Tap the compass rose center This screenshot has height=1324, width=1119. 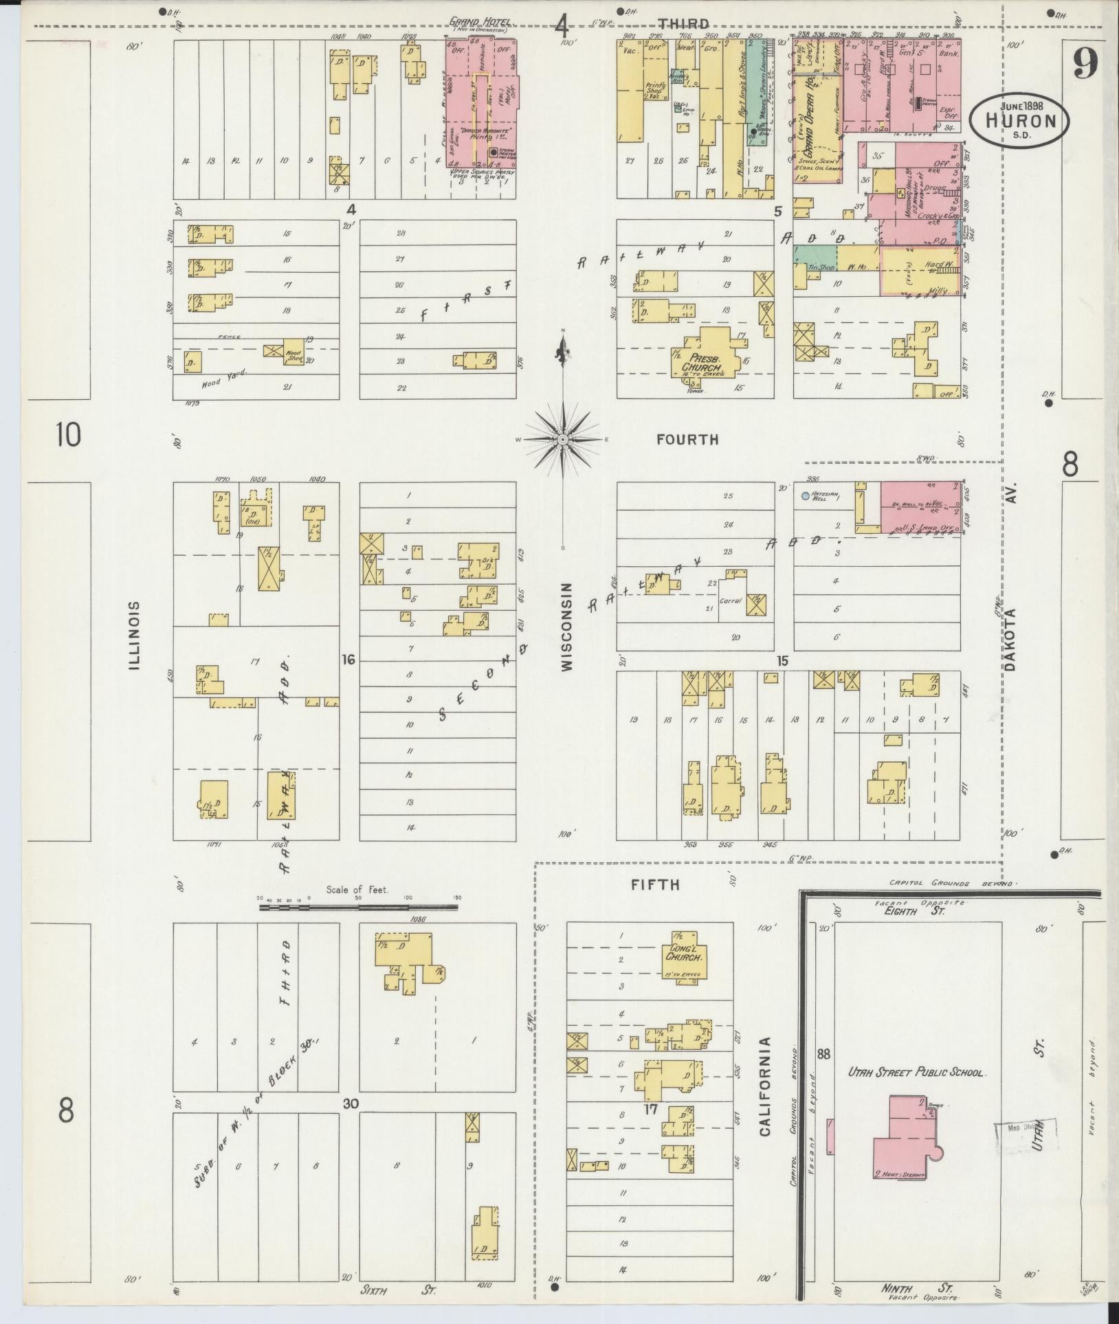coord(563,438)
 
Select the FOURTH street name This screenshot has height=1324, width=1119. coord(687,440)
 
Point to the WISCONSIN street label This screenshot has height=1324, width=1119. coord(565,627)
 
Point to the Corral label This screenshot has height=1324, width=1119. coord(730,600)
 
